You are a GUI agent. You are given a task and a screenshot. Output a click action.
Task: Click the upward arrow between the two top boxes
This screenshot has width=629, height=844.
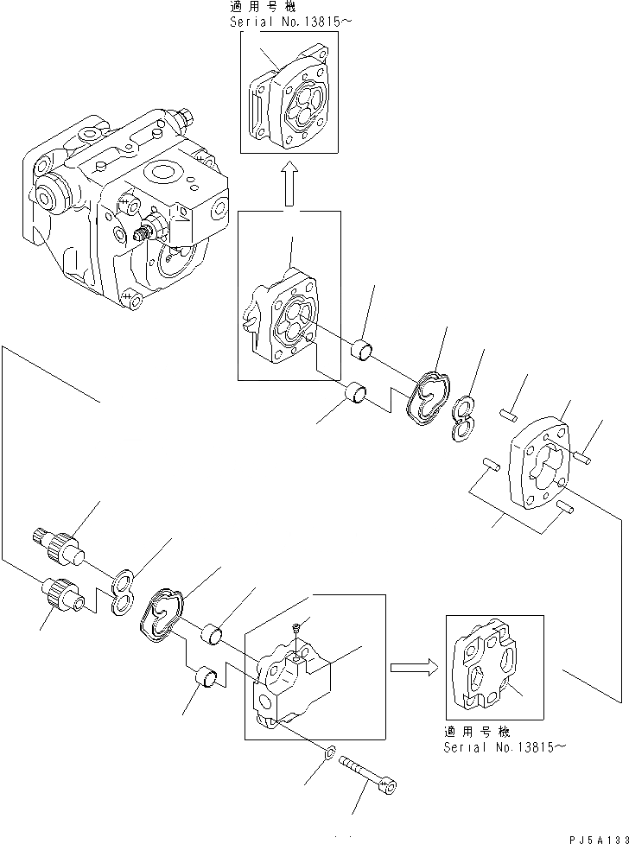coord(289,182)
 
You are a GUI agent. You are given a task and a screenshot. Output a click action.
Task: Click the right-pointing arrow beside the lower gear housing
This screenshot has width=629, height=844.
coord(414,668)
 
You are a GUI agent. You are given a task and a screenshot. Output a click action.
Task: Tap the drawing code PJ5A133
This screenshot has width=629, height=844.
coord(599,839)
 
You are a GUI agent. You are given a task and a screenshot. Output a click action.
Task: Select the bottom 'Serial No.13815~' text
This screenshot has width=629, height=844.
coord(505,747)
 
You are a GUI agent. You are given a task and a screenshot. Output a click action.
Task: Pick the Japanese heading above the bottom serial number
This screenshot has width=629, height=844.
coord(477,732)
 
